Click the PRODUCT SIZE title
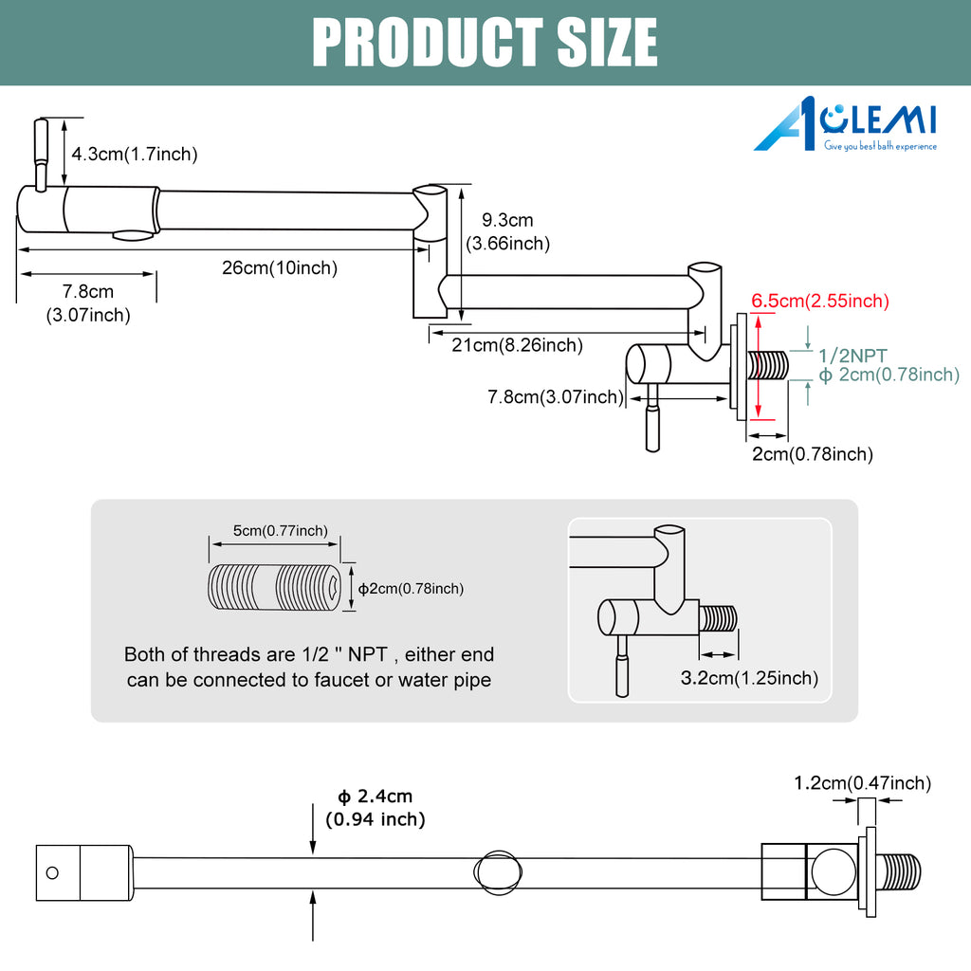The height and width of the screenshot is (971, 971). (x=485, y=42)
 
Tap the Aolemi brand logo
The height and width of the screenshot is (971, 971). (x=845, y=124)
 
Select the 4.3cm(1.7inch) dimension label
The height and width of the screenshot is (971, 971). (x=135, y=155)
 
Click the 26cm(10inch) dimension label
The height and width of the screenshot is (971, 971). (x=280, y=268)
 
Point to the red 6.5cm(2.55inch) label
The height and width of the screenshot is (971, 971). (x=820, y=301)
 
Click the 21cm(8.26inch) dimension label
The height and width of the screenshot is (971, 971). (x=517, y=345)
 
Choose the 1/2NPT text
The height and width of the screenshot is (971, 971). (x=852, y=357)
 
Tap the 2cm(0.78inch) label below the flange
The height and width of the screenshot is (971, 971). (x=813, y=454)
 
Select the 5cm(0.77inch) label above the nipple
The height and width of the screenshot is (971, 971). (x=281, y=531)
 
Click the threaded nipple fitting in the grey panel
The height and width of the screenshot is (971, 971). (x=274, y=586)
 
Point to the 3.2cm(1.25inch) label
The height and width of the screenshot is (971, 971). (x=749, y=678)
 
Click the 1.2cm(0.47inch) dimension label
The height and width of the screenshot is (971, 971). (x=863, y=783)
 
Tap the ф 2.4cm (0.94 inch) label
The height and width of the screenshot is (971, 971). (x=376, y=808)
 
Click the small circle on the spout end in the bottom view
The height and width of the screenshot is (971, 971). (x=53, y=872)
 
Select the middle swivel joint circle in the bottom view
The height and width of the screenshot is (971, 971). (x=498, y=872)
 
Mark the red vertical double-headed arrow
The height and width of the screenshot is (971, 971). (x=758, y=366)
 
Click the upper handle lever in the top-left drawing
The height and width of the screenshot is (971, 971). (x=41, y=155)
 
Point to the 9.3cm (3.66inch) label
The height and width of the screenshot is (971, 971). (x=508, y=231)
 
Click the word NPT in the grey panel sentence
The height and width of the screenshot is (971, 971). (x=367, y=654)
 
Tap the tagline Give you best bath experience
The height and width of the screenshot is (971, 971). (x=880, y=146)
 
